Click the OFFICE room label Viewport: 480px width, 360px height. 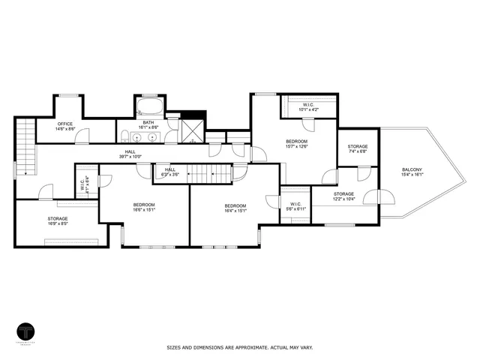pos(66,126)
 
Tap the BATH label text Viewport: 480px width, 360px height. pos(148,124)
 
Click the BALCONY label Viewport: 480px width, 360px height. pos(412,172)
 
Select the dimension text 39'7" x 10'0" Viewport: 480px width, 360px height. pos(130,157)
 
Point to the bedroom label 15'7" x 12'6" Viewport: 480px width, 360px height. pos(296,145)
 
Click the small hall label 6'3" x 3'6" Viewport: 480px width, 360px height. pos(169,172)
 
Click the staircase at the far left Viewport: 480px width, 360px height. pos(26,146)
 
